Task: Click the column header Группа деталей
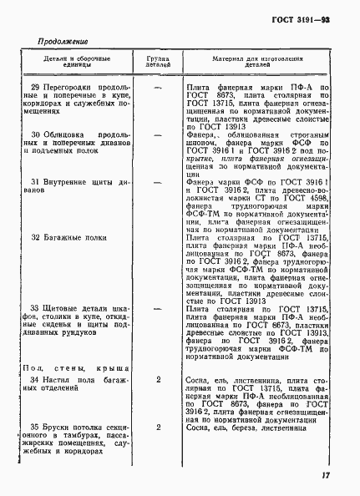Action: coord(158,65)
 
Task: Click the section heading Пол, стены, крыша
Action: coord(74,367)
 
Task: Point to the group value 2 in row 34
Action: coord(158,379)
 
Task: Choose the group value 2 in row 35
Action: coord(158,426)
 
